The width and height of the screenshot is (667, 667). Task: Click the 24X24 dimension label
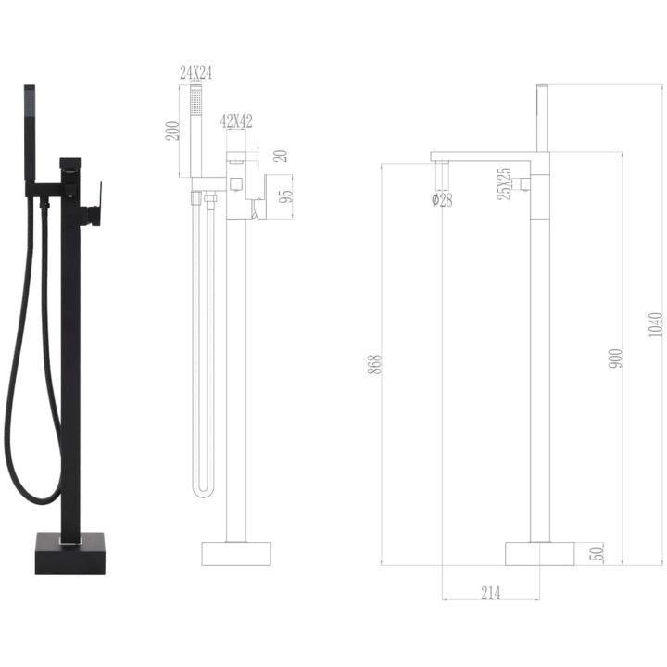[x=195, y=73]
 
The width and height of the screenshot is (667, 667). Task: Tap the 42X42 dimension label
[x=236, y=121]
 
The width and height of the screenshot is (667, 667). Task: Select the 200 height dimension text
[x=172, y=131]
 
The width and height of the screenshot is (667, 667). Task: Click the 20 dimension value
[x=281, y=157]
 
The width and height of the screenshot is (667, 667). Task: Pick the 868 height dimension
[x=374, y=365]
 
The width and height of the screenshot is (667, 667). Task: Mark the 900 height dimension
[x=615, y=359]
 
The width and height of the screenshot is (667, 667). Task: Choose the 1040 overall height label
[x=656, y=325]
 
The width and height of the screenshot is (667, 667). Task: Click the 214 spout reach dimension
[x=491, y=593]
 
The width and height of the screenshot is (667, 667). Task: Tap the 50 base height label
[x=597, y=553]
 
